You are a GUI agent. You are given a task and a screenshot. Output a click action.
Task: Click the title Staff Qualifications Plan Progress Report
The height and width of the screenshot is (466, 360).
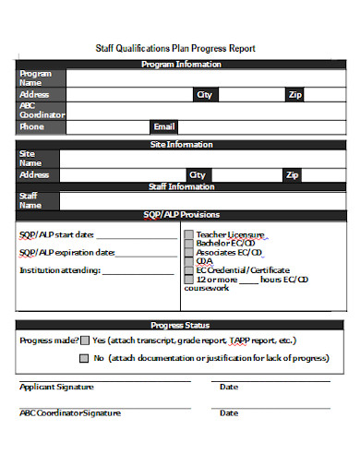click(175, 48)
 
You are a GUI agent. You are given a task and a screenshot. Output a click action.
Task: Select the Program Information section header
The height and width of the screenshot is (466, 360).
click(181, 65)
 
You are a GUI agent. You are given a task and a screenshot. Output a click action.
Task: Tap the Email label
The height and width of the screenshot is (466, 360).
click(163, 126)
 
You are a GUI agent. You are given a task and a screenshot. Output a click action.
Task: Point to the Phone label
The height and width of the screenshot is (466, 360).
click(32, 126)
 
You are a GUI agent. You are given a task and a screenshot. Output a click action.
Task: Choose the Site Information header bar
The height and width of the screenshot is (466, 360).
click(181, 145)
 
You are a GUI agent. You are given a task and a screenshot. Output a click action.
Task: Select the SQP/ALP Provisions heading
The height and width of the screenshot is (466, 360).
click(181, 214)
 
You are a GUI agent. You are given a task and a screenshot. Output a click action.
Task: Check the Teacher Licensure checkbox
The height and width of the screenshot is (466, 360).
click(189, 234)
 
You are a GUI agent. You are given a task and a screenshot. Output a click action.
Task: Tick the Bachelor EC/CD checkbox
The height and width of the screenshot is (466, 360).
click(189, 244)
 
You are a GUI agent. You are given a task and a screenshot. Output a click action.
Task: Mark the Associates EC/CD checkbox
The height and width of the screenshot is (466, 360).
click(189, 252)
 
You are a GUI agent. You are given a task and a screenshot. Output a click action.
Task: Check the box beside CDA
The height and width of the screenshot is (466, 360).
click(189, 261)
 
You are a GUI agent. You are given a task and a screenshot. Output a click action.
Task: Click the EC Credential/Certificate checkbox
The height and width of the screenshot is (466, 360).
click(189, 270)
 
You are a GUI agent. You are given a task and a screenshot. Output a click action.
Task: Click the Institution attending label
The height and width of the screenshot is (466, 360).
click(59, 270)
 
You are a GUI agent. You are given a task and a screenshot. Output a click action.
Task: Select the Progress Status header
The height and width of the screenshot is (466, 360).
click(180, 325)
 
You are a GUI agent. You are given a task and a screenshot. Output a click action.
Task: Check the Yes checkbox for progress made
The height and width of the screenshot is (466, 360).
click(85, 341)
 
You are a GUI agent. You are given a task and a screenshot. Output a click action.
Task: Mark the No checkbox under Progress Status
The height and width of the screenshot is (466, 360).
click(85, 358)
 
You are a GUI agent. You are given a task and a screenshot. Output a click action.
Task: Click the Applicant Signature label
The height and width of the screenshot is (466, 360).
click(56, 388)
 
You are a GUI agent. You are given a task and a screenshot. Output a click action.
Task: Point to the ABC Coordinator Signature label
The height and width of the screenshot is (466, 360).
click(70, 413)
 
